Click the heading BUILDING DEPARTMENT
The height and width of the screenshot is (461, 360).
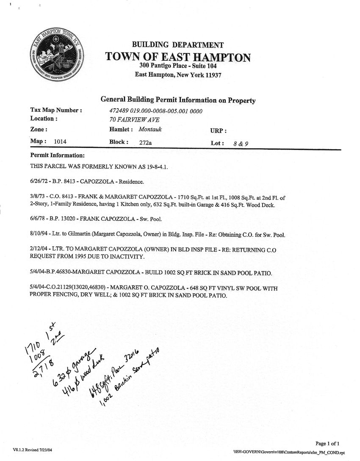pos(178,45)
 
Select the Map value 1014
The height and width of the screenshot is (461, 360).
pos(60,142)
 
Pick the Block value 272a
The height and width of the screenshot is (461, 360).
pos(145,143)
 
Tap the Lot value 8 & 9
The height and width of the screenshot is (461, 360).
pos(241,144)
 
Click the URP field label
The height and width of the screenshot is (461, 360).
pos(218,131)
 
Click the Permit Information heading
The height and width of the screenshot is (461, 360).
pos(58,156)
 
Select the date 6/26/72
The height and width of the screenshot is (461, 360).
pos(39,182)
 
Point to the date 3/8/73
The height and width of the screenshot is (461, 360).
pos(37,197)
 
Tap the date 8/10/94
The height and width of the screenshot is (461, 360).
pos(39,235)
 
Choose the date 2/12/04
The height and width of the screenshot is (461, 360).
pos(39,250)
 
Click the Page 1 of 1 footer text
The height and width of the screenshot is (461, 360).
pos(327,444)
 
